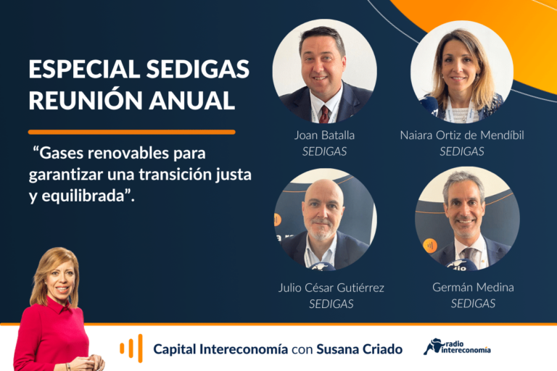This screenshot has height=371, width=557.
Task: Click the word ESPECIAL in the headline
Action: coord(85,69)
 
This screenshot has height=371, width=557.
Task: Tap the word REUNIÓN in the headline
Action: coord(86,100)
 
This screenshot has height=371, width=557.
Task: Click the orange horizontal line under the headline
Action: coord(132,132)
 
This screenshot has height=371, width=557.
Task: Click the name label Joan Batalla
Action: coord(324,136)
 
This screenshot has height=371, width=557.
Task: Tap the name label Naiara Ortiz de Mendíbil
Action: coord(462,136)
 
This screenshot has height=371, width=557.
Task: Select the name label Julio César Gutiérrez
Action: coord(331,288)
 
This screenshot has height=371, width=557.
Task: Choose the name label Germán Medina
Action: coord(473,287)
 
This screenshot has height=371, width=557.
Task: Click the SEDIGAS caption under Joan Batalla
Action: coord(324,151)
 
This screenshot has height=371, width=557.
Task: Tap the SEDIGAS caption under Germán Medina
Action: coord(473,304)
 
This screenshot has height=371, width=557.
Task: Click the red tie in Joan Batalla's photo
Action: coord(324,114)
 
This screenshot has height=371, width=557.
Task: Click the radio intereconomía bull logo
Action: coord(457,347)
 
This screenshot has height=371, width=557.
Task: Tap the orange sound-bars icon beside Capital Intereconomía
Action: coord(131,348)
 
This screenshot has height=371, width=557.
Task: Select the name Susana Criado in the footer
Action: coord(359,349)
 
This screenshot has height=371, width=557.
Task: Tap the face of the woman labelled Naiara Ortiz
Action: coord(459,70)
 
